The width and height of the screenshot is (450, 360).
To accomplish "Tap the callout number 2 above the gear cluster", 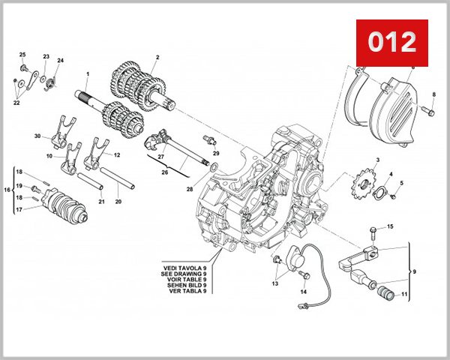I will (157, 58).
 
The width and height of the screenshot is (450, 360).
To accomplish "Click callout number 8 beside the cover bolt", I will (433, 94).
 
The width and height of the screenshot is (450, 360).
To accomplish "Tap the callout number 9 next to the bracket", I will (415, 271).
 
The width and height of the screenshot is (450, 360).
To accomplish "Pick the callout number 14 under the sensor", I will (304, 291).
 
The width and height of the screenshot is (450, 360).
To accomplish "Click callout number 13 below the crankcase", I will (275, 284).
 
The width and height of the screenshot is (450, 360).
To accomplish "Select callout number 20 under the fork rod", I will (118, 201).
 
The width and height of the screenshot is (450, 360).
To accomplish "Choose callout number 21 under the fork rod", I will (101, 201).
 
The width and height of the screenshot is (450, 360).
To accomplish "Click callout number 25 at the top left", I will (22, 55).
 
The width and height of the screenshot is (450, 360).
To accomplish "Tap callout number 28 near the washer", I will (190, 189).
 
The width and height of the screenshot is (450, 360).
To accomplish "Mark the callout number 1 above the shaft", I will (88, 73).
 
